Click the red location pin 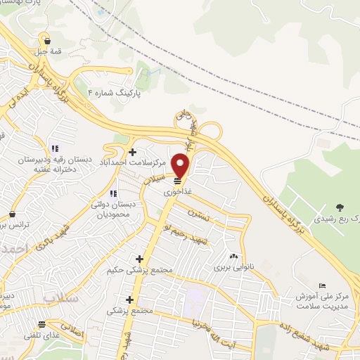(x=181, y=166)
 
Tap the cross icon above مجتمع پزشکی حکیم (x=139, y=258)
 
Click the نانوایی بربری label (x=232, y=269)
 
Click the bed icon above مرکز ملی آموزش (x=321, y=285)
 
